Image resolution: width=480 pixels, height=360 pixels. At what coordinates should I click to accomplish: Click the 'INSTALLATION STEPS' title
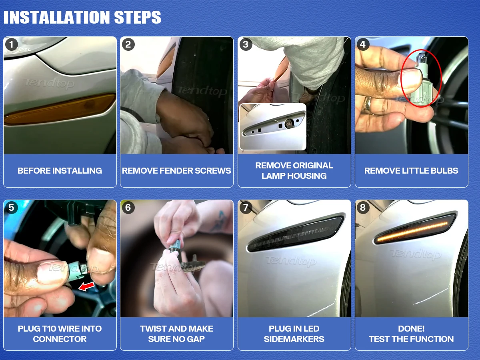82,17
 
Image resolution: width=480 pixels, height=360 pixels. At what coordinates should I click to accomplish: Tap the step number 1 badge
11,44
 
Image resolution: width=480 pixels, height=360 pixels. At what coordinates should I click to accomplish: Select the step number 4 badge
363,44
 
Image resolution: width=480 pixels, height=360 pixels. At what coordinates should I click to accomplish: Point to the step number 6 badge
128,208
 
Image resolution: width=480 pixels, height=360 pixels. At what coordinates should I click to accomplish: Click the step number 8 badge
363,208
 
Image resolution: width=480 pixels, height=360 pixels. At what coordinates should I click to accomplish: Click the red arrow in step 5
86,286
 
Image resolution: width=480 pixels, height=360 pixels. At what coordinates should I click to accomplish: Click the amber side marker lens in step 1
60,109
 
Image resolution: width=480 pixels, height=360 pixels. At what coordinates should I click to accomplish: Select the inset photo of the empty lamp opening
273,127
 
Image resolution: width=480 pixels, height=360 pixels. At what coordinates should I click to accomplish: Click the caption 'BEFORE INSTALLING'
60,171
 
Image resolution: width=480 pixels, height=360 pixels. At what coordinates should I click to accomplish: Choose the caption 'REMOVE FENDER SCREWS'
176,171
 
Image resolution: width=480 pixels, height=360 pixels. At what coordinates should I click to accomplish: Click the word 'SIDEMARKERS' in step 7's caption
294,339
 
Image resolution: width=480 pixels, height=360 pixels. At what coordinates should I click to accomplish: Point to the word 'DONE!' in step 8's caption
411,329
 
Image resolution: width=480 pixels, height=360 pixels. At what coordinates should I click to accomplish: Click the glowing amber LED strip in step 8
412,232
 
